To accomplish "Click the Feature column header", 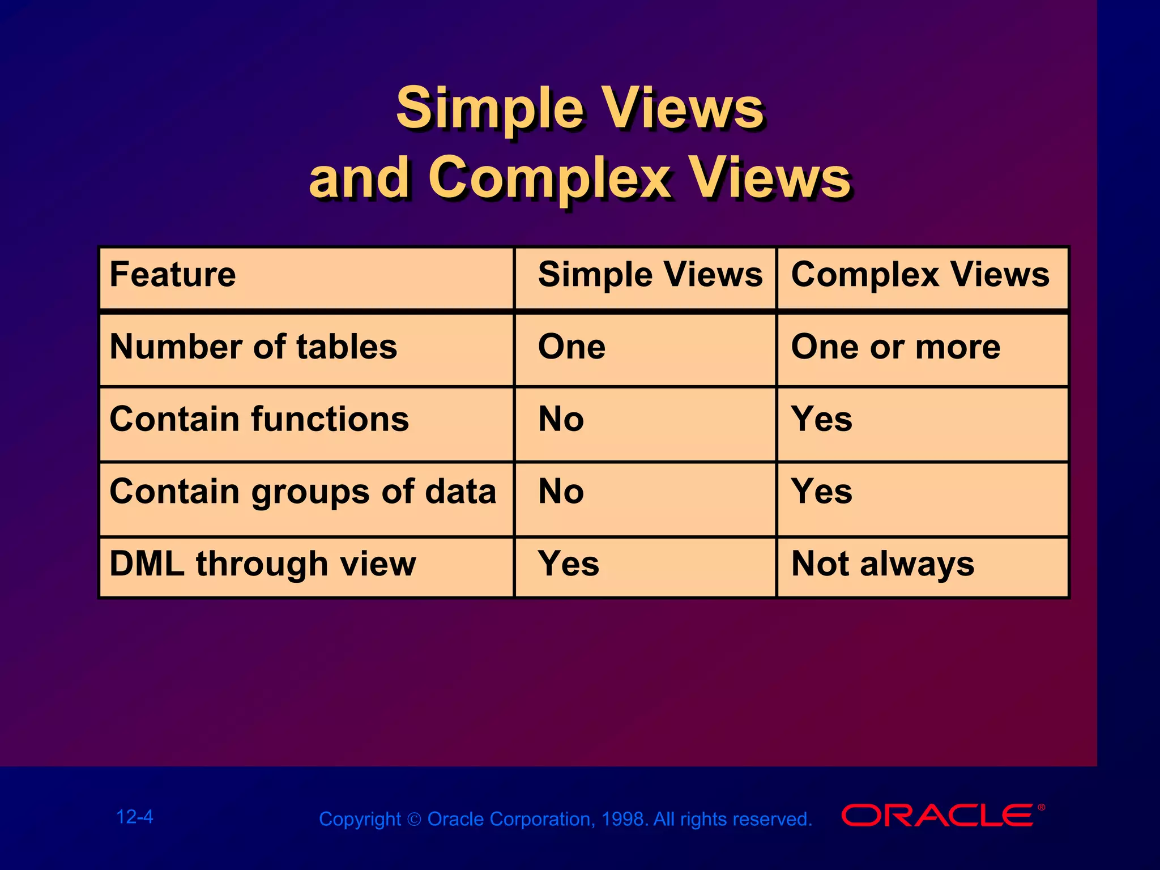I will click(x=173, y=275).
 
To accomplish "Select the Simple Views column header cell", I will click(x=650, y=275).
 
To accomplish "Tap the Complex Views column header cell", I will click(x=920, y=275).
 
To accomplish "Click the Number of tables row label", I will click(x=253, y=347).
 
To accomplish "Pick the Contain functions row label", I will click(x=259, y=420).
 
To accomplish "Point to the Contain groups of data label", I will click(x=302, y=492).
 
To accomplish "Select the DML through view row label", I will click(x=262, y=564).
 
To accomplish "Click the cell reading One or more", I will click(x=895, y=347).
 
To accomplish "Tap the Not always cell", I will click(x=882, y=564).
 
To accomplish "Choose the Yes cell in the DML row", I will click(x=568, y=564).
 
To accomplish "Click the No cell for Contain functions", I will click(x=561, y=420).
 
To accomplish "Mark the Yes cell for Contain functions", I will click(x=821, y=420).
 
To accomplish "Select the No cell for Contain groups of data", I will click(x=561, y=492).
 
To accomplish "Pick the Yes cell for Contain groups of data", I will click(x=821, y=492).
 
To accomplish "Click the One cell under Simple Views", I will click(x=571, y=347).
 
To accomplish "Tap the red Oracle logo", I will click(x=940, y=816).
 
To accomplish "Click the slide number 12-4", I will click(x=134, y=817).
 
